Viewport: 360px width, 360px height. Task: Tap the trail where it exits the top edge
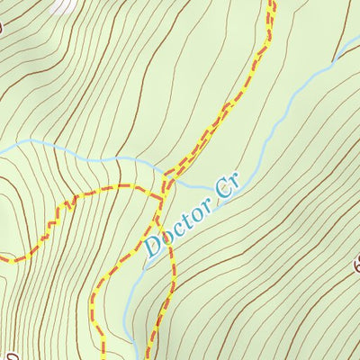271,3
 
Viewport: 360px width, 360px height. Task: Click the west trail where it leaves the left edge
3,259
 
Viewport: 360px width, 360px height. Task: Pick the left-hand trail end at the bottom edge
102,357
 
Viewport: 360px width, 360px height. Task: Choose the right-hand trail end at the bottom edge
150,357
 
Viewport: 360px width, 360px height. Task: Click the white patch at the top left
63,4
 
